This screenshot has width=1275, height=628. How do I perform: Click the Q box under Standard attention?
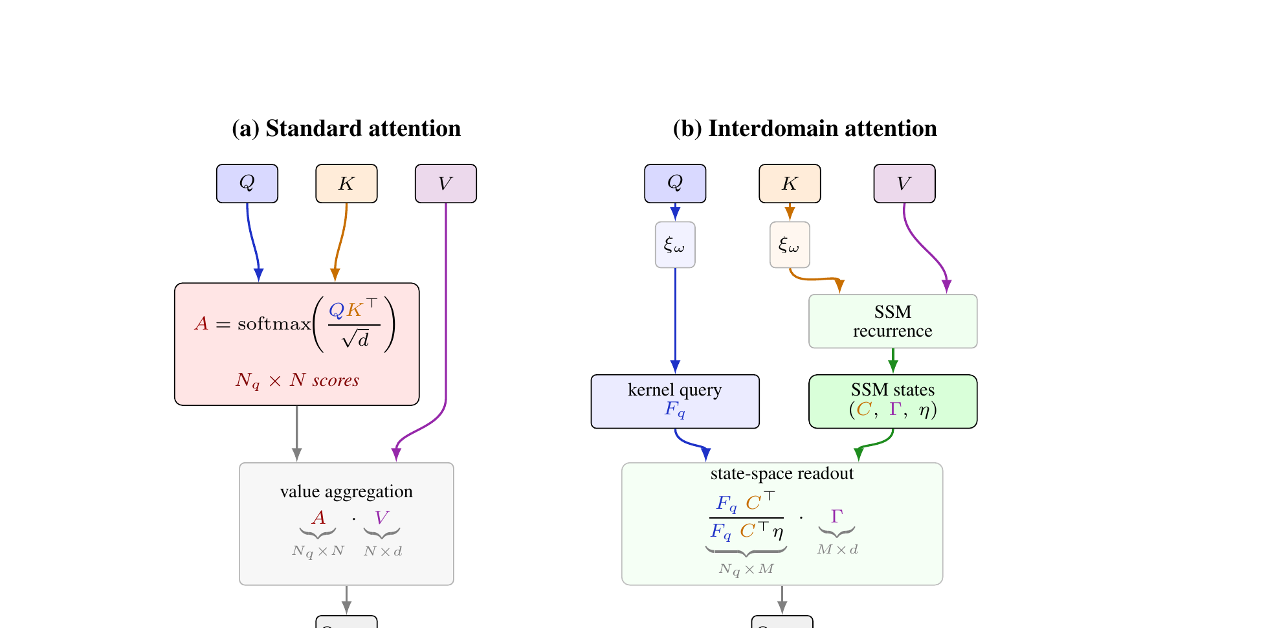247,183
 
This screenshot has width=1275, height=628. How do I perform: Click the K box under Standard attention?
346,183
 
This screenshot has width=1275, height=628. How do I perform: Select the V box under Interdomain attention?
904,183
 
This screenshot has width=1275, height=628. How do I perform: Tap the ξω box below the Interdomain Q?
675,245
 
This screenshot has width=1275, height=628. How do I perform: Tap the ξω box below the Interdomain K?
790,245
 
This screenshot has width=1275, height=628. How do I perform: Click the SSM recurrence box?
892,321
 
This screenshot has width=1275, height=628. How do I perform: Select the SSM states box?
892,401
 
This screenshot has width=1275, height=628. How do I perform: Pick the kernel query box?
675,401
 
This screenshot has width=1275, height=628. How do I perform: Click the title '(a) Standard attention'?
346,128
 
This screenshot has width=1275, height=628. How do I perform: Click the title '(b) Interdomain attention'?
804,128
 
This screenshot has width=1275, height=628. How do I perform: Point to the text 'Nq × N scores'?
297,380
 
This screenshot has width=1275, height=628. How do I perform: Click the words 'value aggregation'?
346,491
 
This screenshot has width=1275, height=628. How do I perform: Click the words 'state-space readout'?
782,473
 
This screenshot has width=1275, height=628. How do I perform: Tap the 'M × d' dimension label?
837,550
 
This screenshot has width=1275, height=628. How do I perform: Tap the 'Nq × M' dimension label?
746,569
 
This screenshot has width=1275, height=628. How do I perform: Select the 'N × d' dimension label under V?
382,552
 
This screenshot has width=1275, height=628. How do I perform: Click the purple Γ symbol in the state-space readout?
837,516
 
